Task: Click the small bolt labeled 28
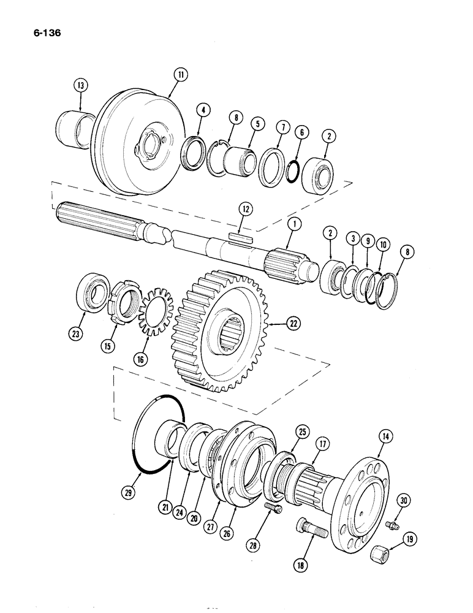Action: tap(272, 508)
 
